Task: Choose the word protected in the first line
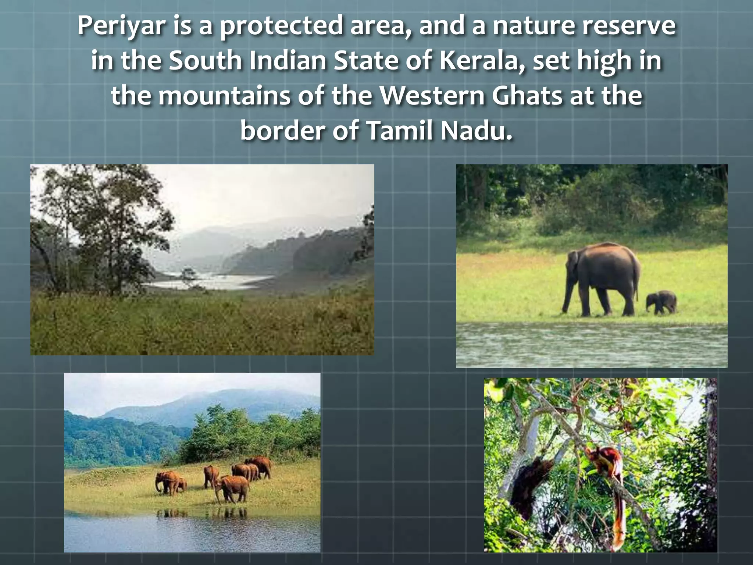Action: (281, 26)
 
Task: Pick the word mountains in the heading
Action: (225, 96)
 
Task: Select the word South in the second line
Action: (205, 61)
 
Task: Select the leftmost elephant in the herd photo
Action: (165, 482)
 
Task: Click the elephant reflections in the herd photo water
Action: (202, 513)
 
